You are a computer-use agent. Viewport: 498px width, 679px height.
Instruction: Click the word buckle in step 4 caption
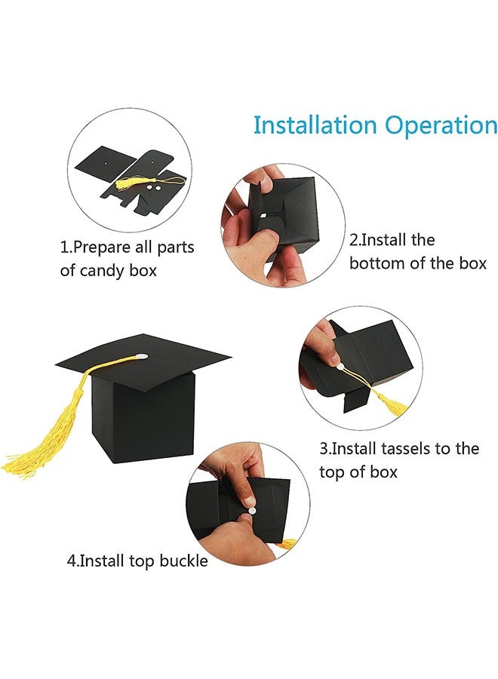(x=183, y=561)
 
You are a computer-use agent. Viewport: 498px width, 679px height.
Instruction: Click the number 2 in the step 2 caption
(x=353, y=241)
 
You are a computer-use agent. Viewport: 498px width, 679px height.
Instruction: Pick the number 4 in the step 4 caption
(x=72, y=561)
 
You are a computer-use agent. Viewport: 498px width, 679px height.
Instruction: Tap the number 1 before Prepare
(x=64, y=247)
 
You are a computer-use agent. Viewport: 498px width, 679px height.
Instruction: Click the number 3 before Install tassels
(x=324, y=449)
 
